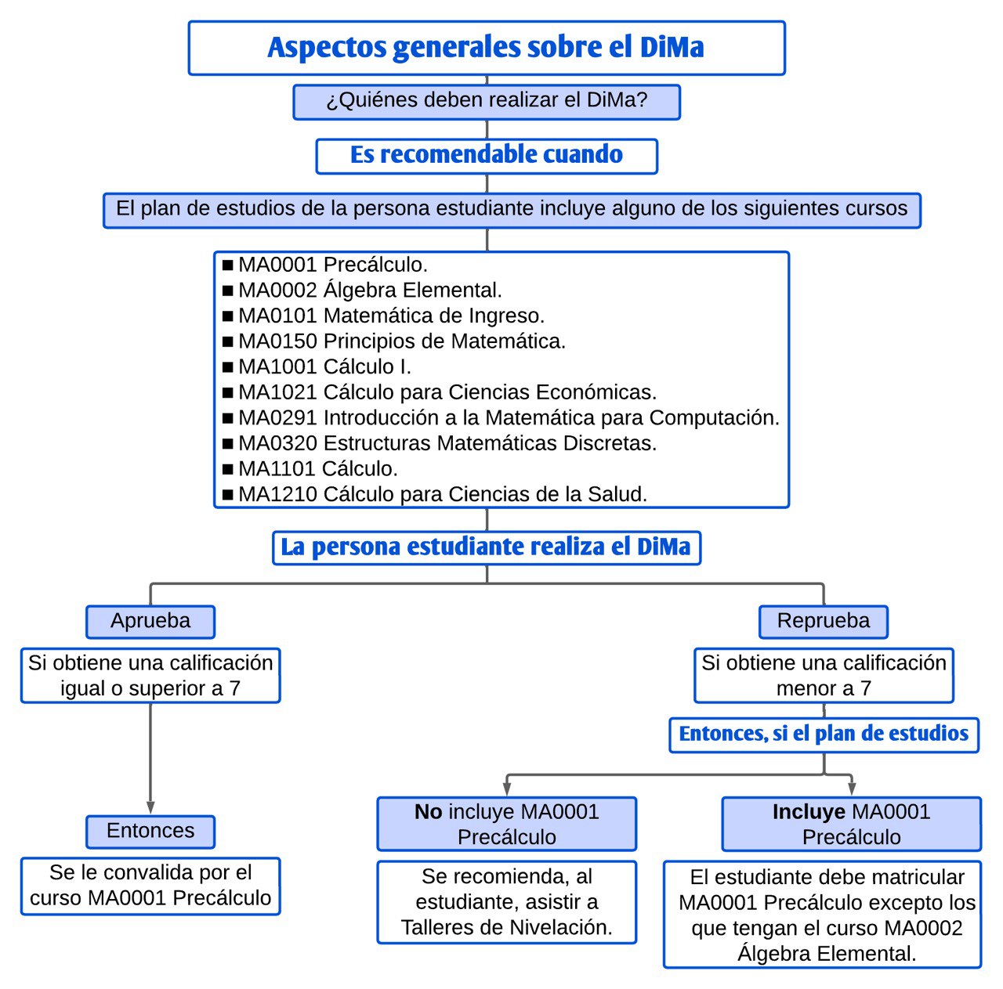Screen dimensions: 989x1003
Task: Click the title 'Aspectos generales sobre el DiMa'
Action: click(x=486, y=48)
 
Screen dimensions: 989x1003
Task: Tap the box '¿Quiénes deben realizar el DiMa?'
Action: click(x=486, y=102)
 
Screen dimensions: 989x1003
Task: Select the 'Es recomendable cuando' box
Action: click(x=486, y=156)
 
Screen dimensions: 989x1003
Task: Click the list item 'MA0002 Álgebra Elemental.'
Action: click(x=370, y=291)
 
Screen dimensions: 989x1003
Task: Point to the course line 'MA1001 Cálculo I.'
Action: click(x=324, y=367)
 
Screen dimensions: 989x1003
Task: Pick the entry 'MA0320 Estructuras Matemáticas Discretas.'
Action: click(x=447, y=444)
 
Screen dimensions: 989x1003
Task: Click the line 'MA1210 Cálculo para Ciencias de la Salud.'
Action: click(x=443, y=495)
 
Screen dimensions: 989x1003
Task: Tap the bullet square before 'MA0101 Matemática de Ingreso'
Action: click(x=228, y=316)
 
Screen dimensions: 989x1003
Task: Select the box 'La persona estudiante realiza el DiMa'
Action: click(x=486, y=547)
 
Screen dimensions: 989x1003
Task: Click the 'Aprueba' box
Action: click(x=150, y=622)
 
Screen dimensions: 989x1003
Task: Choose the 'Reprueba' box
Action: click(x=823, y=622)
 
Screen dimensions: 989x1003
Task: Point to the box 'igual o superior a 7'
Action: click(x=150, y=676)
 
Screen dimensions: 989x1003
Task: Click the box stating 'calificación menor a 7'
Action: click(x=824, y=676)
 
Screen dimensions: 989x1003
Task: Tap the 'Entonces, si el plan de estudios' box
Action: click(x=824, y=735)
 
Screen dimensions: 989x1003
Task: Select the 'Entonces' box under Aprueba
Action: click(x=150, y=831)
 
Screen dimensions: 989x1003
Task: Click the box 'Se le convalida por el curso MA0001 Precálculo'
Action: click(x=150, y=886)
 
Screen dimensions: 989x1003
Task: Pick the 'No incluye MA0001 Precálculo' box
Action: click(x=506, y=824)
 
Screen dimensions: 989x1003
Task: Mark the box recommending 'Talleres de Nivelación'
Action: click(x=506, y=902)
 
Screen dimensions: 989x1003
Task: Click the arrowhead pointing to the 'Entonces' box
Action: click(x=150, y=808)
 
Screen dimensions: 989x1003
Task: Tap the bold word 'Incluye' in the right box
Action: click(x=808, y=812)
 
